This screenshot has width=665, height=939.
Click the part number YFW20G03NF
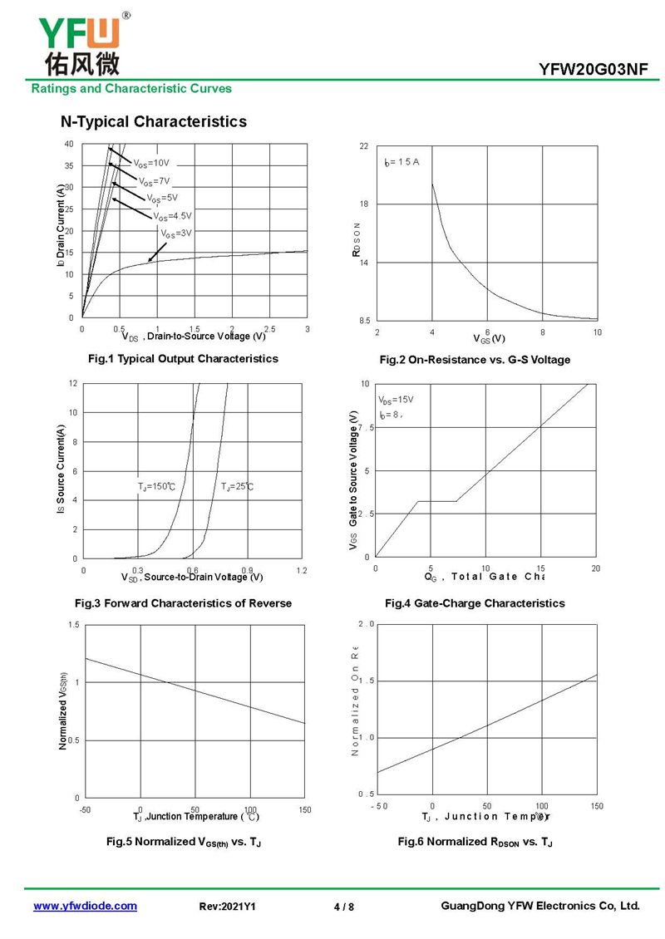[x=594, y=70]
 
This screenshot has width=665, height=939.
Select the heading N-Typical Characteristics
[x=154, y=122]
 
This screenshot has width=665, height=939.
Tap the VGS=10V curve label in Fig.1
[x=151, y=164]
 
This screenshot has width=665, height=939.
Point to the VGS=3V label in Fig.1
[x=176, y=234]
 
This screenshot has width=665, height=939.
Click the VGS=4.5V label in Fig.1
[x=172, y=216]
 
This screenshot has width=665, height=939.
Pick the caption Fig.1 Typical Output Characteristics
[x=183, y=359]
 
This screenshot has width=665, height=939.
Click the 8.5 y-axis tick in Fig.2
[x=363, y=321]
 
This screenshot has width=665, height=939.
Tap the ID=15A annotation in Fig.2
[x=402, y=162]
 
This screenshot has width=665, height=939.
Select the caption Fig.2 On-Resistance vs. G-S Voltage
[x=475, y=360]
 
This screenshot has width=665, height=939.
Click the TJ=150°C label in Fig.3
[x=156, y=486]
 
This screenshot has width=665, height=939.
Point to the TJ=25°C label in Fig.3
[x=237, y=486]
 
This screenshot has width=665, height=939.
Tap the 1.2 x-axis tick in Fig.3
[x=301, y=570]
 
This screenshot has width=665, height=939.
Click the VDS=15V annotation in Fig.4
[x=396, y=400]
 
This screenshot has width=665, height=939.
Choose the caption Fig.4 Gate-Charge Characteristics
[x=475, y=603]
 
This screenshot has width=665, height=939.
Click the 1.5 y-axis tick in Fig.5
[x=75, y=625]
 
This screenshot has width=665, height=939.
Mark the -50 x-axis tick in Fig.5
[x=85, y=809]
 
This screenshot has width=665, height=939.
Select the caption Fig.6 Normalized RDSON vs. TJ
[x=475, y=843]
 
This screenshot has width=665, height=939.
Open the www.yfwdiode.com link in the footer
[x=85, y=907]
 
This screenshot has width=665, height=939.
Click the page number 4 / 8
[x=344, y=907]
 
